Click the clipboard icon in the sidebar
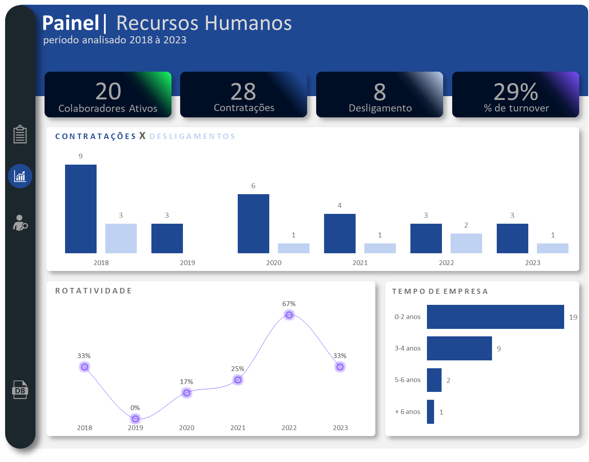click(20, 134)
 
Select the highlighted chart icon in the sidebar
click(20, 176)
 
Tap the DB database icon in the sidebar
click(20, 390)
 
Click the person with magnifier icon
click(20, 223)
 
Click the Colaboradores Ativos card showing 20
click(108, 95)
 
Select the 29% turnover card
click(516, 95)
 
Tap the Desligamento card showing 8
click(380, 95)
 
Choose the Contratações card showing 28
click(244, 95)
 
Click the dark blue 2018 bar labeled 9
click(81, 209)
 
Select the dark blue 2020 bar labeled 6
click(253, 224)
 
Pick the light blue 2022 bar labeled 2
click(466, 243)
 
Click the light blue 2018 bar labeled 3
click(121, 238)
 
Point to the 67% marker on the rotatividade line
click(289, 315)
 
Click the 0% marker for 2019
click(136, 419)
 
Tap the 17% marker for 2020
click(187, 393)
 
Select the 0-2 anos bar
click(495, 317)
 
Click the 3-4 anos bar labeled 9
click(459, 348)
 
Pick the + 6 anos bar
click(431, 412)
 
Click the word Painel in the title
click(71, 23)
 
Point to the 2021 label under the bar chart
click(360, 263)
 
